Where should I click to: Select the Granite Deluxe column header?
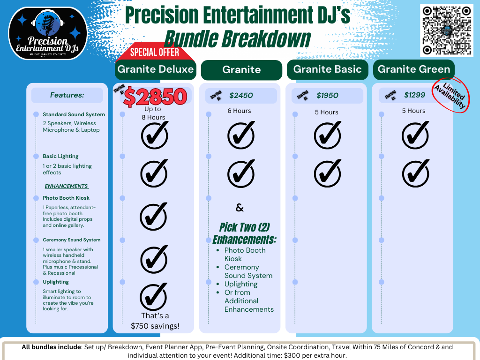point(156,69)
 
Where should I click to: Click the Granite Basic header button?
point(327,69)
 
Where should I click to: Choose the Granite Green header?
point(413,69)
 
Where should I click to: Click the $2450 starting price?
point(241,96)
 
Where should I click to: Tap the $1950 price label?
point(327,96)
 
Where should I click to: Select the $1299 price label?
point(414,95)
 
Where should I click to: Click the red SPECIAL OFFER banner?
point(154,52)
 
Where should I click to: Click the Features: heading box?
point(67,95)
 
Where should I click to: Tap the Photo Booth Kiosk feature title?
point(66,198)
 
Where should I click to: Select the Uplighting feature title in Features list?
point(56,282)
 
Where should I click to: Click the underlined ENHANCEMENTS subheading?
point(66,186)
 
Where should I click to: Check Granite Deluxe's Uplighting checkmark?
point(154,297)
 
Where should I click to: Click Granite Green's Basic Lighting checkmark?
point(415,172)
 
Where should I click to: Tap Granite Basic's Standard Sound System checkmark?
point(328,135)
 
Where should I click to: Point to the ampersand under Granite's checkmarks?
point(240,208)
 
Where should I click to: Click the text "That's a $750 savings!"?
point(155,321)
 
